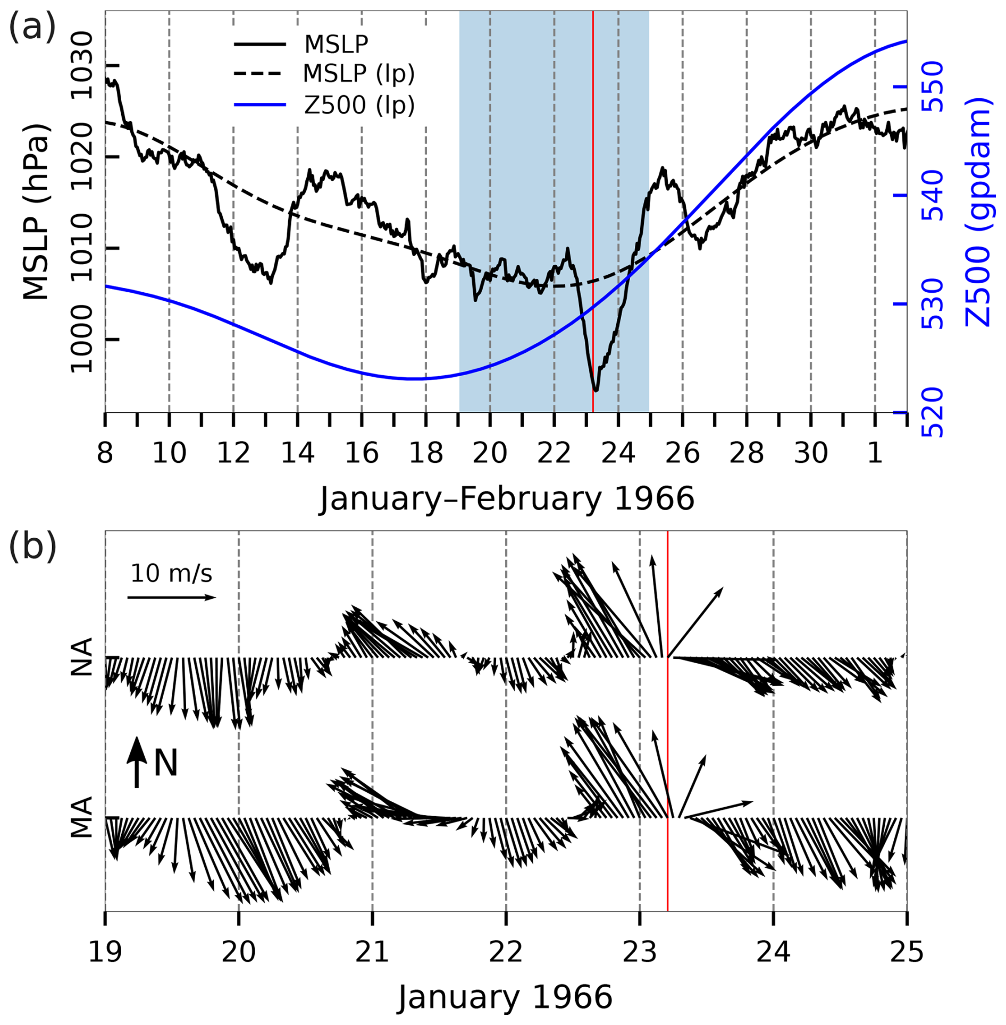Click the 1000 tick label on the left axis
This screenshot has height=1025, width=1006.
pos(81,340)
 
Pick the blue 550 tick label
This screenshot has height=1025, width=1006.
pos(932,87)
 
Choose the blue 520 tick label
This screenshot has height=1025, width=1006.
pos(932,412)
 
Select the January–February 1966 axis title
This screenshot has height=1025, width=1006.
pos(506,499)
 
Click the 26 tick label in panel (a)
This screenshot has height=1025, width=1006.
pos(682,453)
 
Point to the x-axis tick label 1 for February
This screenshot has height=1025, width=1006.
pos(875,453)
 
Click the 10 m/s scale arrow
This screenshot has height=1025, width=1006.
pos(171,598)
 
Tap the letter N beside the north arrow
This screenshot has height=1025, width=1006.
pos(165,764)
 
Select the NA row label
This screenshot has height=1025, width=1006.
pos(82,657)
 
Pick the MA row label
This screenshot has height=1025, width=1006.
pos(82,817)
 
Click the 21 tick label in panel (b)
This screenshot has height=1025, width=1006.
pos(372,953)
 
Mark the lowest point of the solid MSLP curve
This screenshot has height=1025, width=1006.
pos(596,391)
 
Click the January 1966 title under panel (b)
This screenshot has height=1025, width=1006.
pos(505,997)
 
